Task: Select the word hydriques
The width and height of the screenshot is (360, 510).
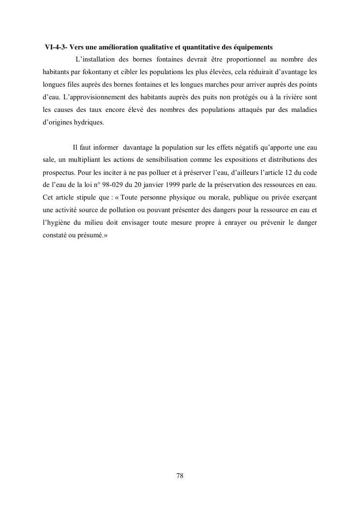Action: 87,123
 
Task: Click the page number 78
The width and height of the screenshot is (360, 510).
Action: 180,476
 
